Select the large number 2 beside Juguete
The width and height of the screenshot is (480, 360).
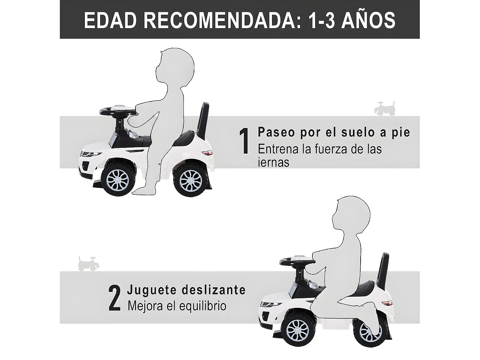pos(115,298)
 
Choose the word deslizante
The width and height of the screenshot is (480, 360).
pos(213,290)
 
